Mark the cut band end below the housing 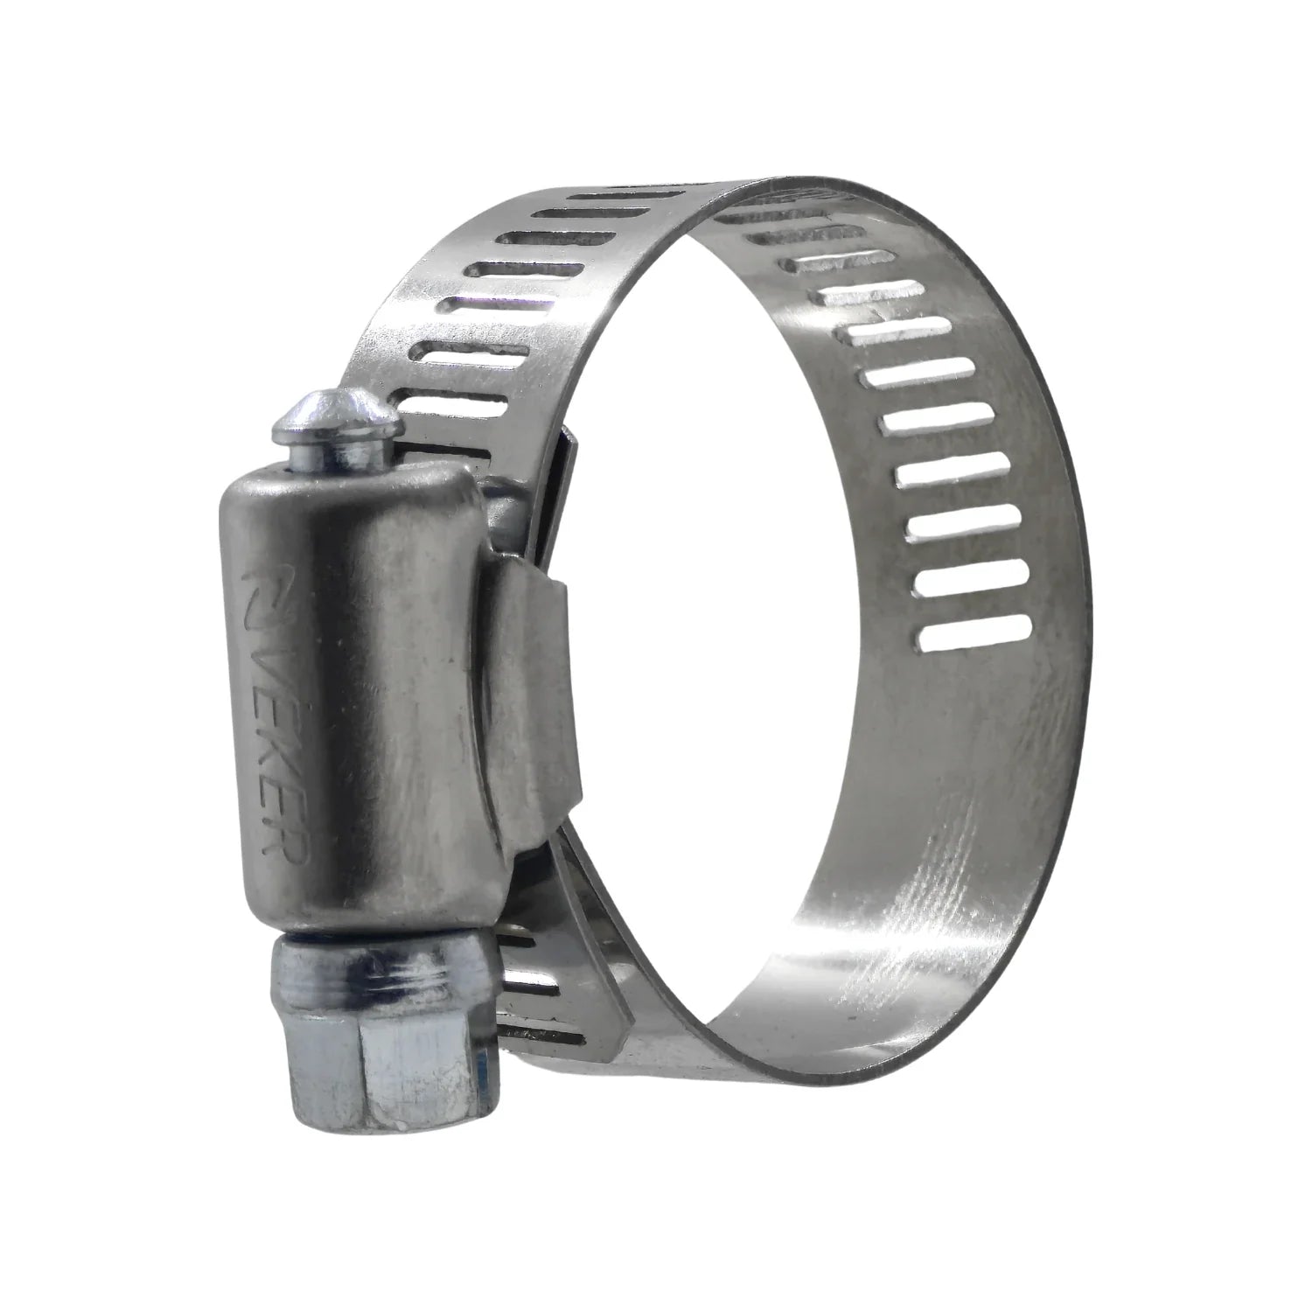(x=604, y=1006)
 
